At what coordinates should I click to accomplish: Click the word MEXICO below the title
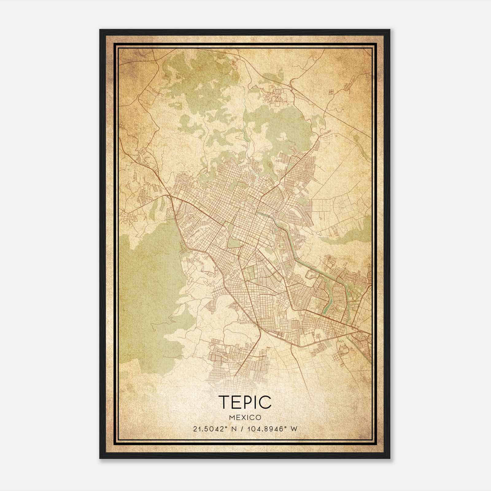click(245, 418)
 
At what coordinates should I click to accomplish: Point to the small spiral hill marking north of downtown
click(270, 166)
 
